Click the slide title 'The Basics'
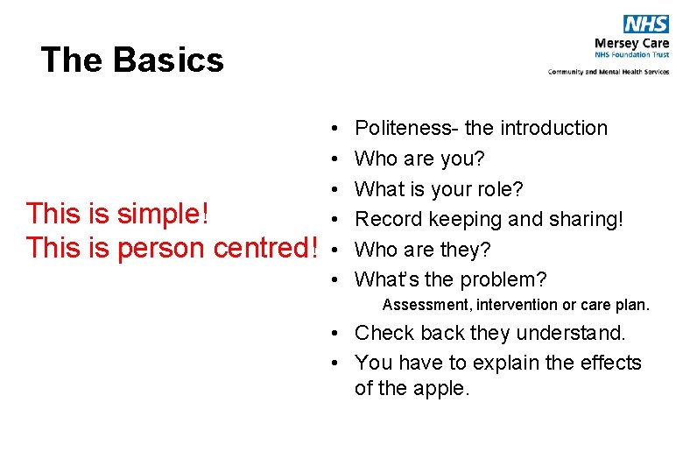132,60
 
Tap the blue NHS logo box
646,25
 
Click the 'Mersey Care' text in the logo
631,43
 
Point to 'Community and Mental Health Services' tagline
609,72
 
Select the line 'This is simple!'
116,213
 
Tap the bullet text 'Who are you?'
419,159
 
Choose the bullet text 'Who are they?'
422,250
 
